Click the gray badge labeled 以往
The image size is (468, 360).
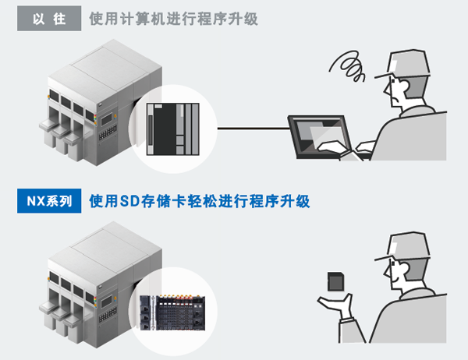pos(49,19)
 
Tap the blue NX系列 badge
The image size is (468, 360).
pos(49,201)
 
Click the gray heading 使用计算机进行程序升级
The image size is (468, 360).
pos(173,19)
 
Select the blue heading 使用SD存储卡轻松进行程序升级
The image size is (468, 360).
pos(200,201)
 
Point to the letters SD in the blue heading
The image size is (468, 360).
pos(129,201)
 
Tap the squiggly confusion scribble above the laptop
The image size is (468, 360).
pos(348,66)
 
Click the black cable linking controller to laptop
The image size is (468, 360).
pos(253,129)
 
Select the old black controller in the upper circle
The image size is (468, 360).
pos(173,129)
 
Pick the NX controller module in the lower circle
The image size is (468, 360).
pos(172,312)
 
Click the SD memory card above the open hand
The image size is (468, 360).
pos(335,281)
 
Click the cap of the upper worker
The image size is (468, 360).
pos(406,64)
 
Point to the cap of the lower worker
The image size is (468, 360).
pos(406,246)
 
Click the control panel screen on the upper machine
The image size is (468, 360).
pos(107,120)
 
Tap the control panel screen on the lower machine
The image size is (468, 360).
pos(107,302)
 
